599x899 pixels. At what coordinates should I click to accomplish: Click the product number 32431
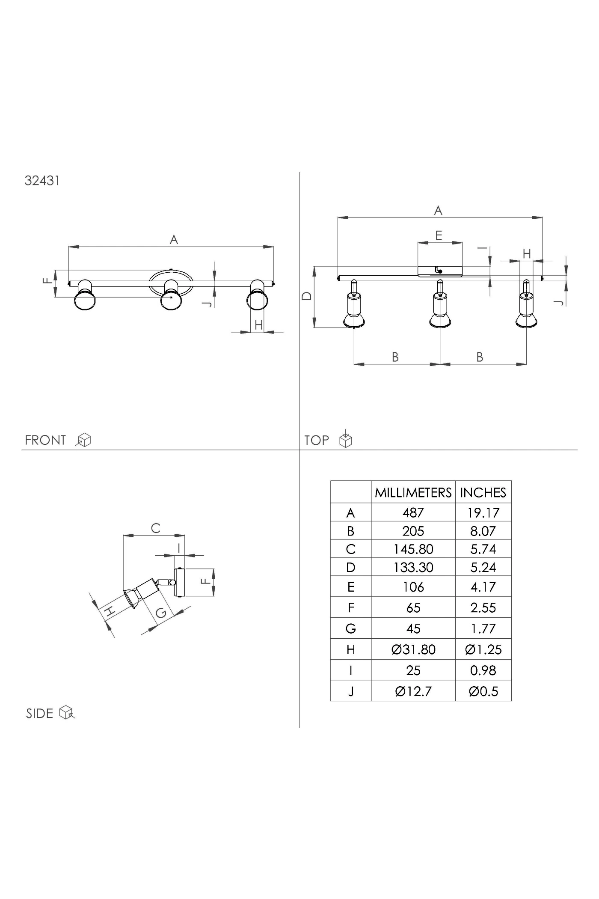pos(42,181)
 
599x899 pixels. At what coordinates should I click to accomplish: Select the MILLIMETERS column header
pos(413,492)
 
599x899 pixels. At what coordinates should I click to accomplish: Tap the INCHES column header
pos(483,492)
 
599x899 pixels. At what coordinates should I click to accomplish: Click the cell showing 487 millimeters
pos(413,512)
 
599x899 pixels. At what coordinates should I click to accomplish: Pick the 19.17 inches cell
pos(483,512)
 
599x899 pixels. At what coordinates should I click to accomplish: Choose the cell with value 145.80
pos(413,549)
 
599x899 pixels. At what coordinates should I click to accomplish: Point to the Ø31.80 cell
pos(413,649)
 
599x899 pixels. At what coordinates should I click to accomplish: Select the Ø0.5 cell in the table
pos(483,691)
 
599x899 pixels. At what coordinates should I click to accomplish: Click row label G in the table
pos(350,628)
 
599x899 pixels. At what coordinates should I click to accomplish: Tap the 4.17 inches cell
pos(483,586)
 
